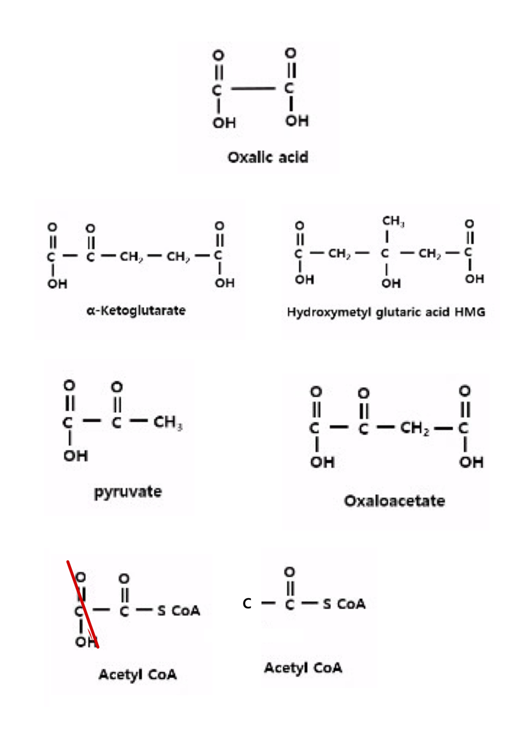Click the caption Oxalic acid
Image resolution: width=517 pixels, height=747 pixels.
tap(268, 156)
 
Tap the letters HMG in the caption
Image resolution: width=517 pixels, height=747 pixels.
tap(470, 313)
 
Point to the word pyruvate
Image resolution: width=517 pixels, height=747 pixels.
tap(128, 492)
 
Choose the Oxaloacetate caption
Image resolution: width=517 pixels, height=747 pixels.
tap(394, 501)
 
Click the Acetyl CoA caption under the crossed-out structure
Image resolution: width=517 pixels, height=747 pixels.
tap(137, 675)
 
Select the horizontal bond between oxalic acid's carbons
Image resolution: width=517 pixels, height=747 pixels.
tap(253, 90)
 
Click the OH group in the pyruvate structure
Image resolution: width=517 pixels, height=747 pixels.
tap(75, 456)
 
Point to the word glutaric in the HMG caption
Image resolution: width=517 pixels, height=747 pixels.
tap(398, 313)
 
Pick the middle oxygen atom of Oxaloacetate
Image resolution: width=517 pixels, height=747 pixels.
tap(362, 393)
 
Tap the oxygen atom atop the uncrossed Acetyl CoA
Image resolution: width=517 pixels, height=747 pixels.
tap(290, 572)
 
